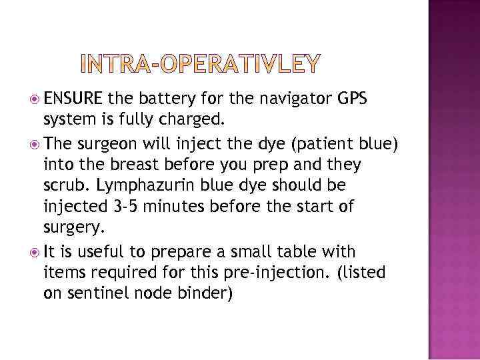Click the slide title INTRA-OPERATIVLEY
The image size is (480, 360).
pyautogui.click(x=199, y=63)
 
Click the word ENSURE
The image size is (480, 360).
pyautogui.click(x=73, y=100)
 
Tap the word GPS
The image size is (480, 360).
pyautogui.click(x=351, y=100)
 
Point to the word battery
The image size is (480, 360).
pyautogui.click(x=164, y=100)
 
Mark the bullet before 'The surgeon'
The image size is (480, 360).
pyautogui.click(x=33, y=143)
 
